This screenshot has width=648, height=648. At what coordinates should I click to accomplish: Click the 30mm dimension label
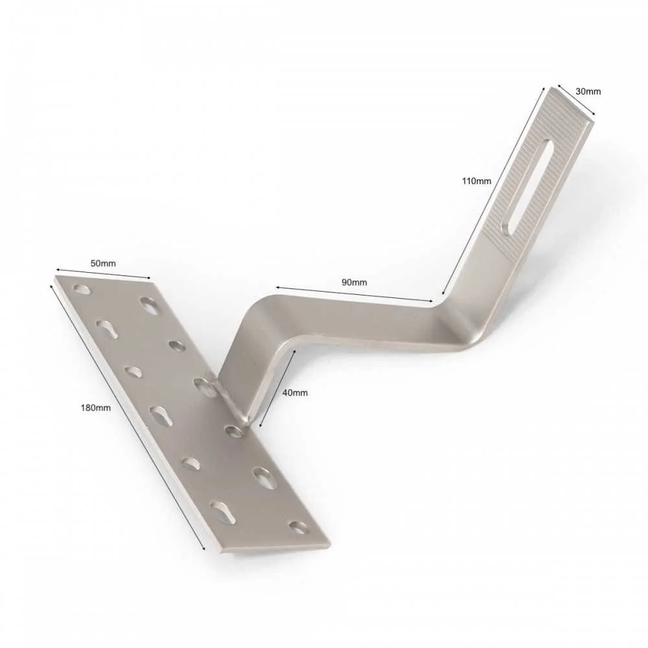tap(588, 91)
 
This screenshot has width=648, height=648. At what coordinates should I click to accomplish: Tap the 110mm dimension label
tap(476, 181)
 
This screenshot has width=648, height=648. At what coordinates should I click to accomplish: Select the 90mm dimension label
tap(354, 283)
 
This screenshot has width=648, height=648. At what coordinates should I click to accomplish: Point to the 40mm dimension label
tap(295, 393)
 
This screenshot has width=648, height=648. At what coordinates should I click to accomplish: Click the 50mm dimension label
tap(103, 263)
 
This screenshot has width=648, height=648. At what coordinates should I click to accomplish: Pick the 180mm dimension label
tap(95, 408)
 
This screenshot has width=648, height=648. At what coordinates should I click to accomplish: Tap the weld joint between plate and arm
tap(233, 401)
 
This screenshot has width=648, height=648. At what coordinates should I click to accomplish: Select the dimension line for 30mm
tap(577, 100)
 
